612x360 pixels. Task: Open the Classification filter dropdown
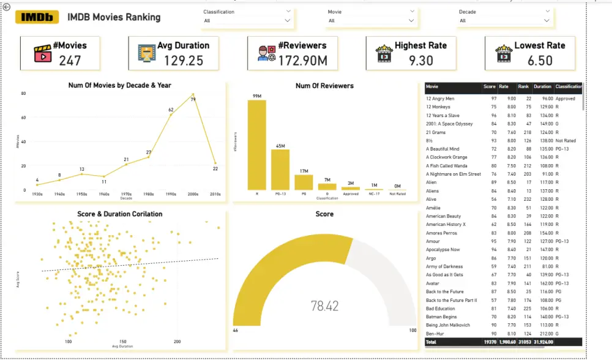tap(288, 20)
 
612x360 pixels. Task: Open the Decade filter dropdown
tap(547, 20)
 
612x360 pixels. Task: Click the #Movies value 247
tap(70, 60)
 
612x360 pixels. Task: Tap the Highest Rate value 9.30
tap(420, 60)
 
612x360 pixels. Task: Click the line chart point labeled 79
tap(193, 95)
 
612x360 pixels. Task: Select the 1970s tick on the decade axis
tap(126, 194)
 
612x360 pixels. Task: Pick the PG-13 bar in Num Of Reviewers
tap(280, 170)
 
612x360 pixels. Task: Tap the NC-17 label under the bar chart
tap(373, 194)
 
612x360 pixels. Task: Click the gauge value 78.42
tap(324, 306)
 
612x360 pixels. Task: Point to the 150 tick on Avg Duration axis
tap(123, 342)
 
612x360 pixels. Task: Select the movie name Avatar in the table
tap(433, 283)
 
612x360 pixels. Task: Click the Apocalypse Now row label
tap(442, 250)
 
